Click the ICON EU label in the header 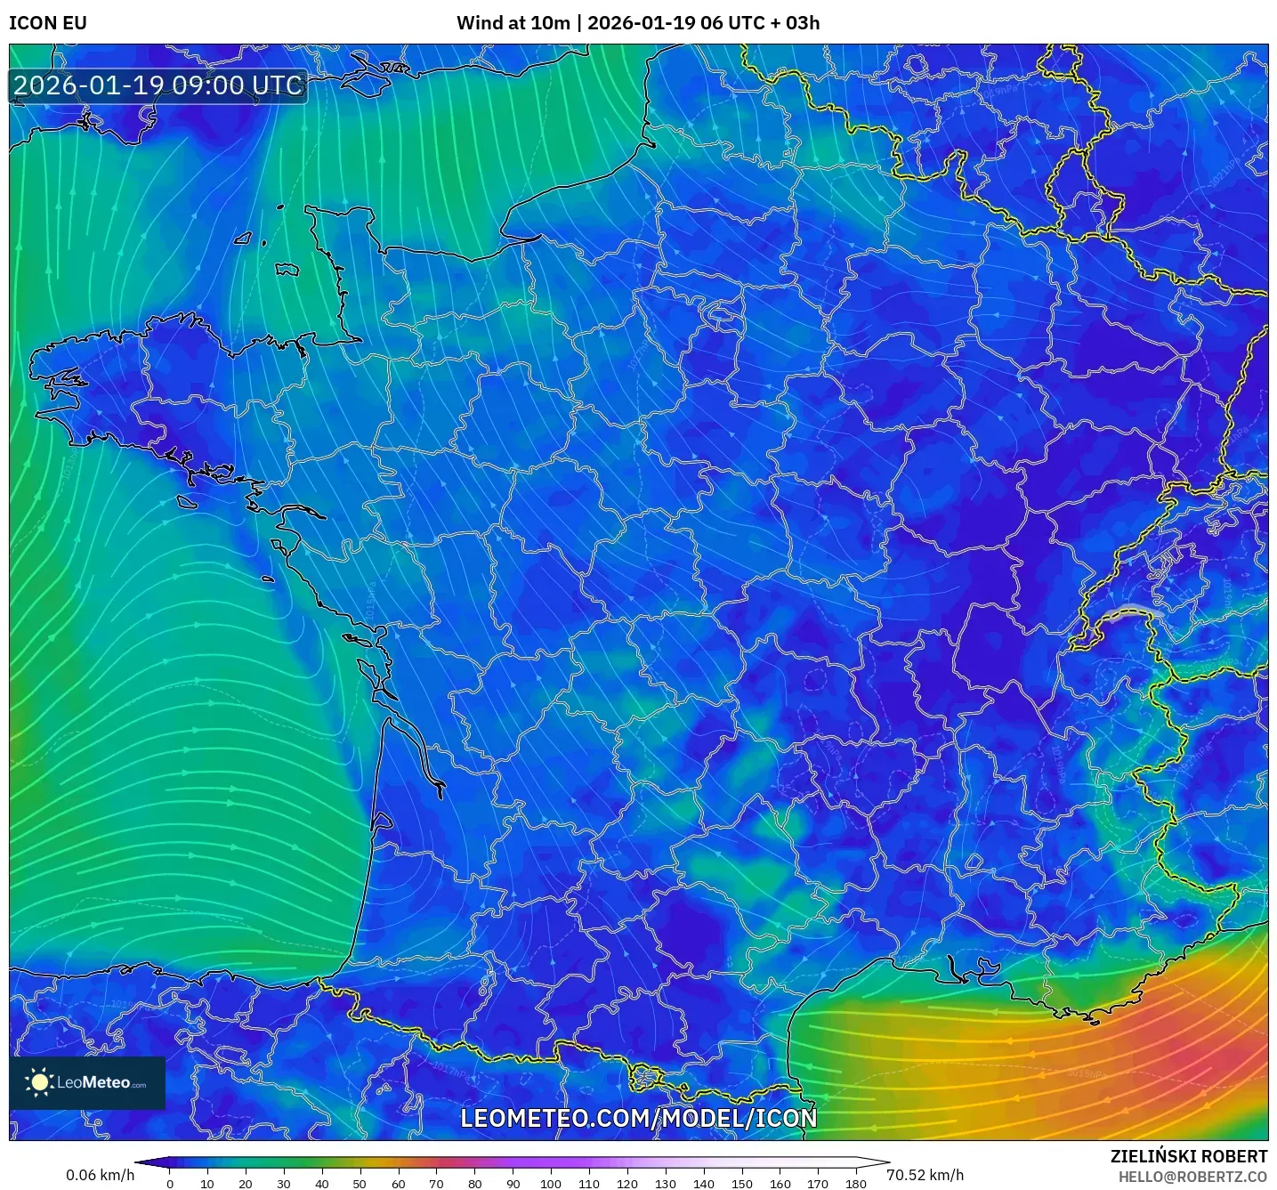pos(48,23)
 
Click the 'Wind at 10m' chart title pos(513,23)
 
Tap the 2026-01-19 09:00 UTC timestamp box pos(158,85)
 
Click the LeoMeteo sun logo pos(39,1082)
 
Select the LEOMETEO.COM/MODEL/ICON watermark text pos(638,1118)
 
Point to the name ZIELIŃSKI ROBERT pos(1188,1156)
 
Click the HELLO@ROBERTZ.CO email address pos(1192,1177)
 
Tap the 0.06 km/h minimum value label pos(100,1175)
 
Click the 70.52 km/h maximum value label pos(925,1175)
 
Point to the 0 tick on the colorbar pos(170,1184)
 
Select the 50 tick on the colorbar pos(360,1184)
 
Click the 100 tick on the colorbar pos(551,1184)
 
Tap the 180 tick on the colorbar pos(856,1184)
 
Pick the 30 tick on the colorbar pos(284,1184)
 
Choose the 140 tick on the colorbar pos(704,1184)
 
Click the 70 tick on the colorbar pos(436,1184)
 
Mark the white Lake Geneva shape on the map pos(1132,611)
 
